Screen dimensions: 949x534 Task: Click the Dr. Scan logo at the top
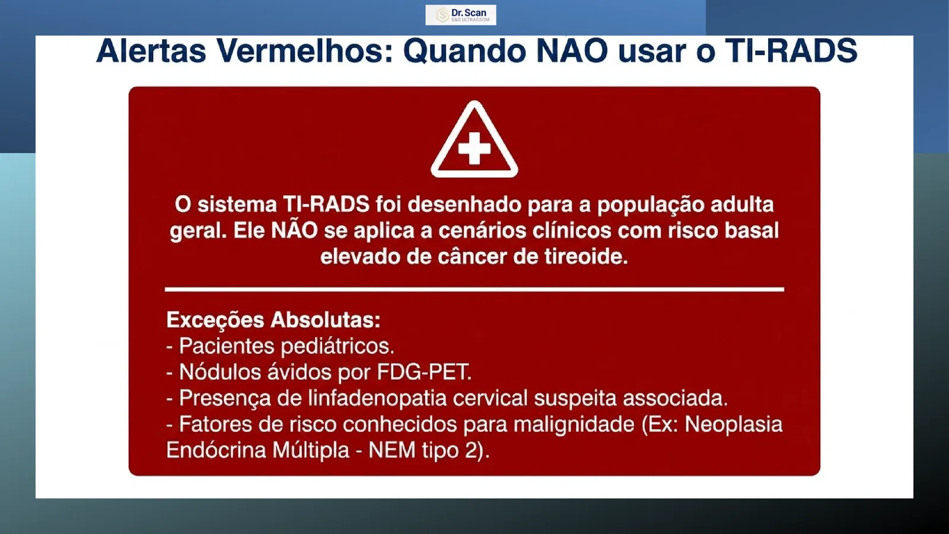coord(460,15)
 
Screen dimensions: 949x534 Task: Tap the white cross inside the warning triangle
coord(474,148)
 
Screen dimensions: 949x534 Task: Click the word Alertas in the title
coord(151,51)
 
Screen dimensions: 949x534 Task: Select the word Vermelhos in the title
coord(305,51)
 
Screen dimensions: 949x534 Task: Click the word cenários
coord(482,231)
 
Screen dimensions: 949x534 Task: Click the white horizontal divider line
coord(474,290)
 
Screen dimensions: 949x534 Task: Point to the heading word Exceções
coord(215,320)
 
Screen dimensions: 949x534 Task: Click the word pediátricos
coord(337,347)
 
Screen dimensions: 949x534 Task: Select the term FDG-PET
coord(424,372)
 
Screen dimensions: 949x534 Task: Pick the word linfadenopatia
coord(377,398)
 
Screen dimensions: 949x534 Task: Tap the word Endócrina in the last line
coord(215,450)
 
